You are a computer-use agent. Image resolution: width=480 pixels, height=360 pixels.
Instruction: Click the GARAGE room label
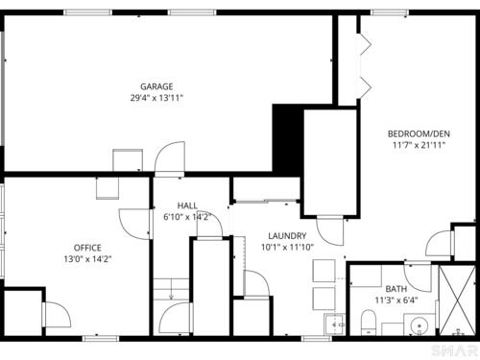156,86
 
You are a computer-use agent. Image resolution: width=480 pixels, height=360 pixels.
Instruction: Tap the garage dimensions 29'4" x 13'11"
156,98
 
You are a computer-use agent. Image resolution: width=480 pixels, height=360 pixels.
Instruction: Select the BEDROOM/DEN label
419,133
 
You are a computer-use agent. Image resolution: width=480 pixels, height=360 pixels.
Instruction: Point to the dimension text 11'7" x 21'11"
419,145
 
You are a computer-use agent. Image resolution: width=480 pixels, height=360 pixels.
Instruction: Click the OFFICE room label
87,248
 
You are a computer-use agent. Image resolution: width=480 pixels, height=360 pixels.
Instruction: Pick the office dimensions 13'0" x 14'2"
87,259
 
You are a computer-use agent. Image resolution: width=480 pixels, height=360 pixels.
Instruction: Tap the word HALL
187,205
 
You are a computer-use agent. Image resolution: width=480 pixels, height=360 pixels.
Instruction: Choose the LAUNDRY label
287,236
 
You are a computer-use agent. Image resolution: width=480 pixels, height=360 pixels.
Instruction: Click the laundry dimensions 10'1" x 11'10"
287,247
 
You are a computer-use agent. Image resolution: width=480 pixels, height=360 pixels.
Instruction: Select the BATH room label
396,289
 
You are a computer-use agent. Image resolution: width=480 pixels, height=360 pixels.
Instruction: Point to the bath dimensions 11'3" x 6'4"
396,300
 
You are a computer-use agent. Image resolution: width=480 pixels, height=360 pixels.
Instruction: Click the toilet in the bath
369,322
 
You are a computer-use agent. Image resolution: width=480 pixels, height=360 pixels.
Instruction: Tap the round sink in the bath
419,325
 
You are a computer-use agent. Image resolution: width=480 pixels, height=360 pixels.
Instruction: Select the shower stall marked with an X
457,300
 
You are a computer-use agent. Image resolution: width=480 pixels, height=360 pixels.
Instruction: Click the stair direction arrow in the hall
171,289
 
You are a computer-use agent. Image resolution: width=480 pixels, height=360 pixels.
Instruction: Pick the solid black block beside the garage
287,139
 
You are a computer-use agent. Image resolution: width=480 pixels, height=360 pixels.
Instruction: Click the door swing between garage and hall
170,156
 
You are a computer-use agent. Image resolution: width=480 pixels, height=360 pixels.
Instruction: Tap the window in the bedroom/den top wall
390,12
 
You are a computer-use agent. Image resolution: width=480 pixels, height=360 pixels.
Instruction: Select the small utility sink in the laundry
334,324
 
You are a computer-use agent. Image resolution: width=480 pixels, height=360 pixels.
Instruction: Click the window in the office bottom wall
101,338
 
